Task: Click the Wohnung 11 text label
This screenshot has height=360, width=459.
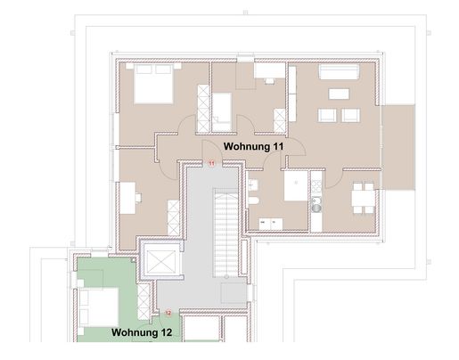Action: click(253, 146)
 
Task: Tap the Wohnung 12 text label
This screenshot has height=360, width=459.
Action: click(142, 332)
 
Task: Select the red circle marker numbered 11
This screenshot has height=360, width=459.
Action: click(211, 163)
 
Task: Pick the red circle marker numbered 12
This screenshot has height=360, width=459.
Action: click(168, 313)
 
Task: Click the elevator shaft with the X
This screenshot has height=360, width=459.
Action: click(161, 262)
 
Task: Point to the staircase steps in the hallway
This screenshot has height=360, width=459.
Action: click(225, 233)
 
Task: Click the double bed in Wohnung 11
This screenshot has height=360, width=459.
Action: click(153, 84)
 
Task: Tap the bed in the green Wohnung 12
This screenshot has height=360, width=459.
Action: click(99, 307)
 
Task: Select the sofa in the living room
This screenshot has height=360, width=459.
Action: click(339, 71)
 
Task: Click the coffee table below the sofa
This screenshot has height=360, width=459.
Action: click(339, 94)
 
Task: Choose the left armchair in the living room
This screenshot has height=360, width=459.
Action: click(327, 115)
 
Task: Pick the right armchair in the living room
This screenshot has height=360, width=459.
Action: click(350, 115)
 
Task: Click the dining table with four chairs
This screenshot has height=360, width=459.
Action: click(363, 198)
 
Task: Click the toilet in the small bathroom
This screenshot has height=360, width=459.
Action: click(253, 200)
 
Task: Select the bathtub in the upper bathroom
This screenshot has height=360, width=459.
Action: click(222, 112)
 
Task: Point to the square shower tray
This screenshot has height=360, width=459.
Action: click(296, 185)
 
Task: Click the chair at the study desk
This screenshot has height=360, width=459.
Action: click(138, 198)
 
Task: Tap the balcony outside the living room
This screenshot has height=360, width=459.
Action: click(398, 147)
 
